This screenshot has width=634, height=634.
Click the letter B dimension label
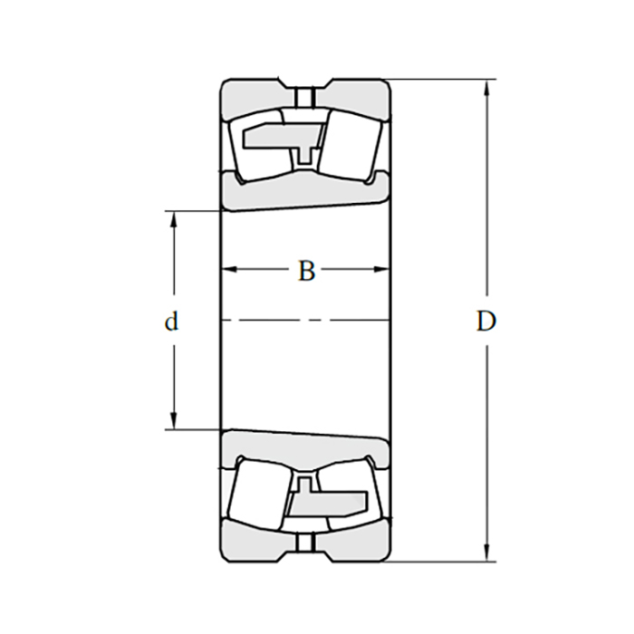coord(306,271)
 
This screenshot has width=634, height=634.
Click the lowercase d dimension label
coord(171,322)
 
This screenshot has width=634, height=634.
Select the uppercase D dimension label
coord(485,322)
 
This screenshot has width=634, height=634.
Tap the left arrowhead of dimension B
coord(229,269)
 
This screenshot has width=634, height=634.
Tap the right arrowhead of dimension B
coord(381,269)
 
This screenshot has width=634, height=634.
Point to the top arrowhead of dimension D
coord(487,87)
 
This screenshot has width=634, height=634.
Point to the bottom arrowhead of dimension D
coord(487,553)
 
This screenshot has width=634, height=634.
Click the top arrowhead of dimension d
coord(174,219)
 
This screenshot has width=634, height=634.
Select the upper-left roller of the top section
coord(261,146)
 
